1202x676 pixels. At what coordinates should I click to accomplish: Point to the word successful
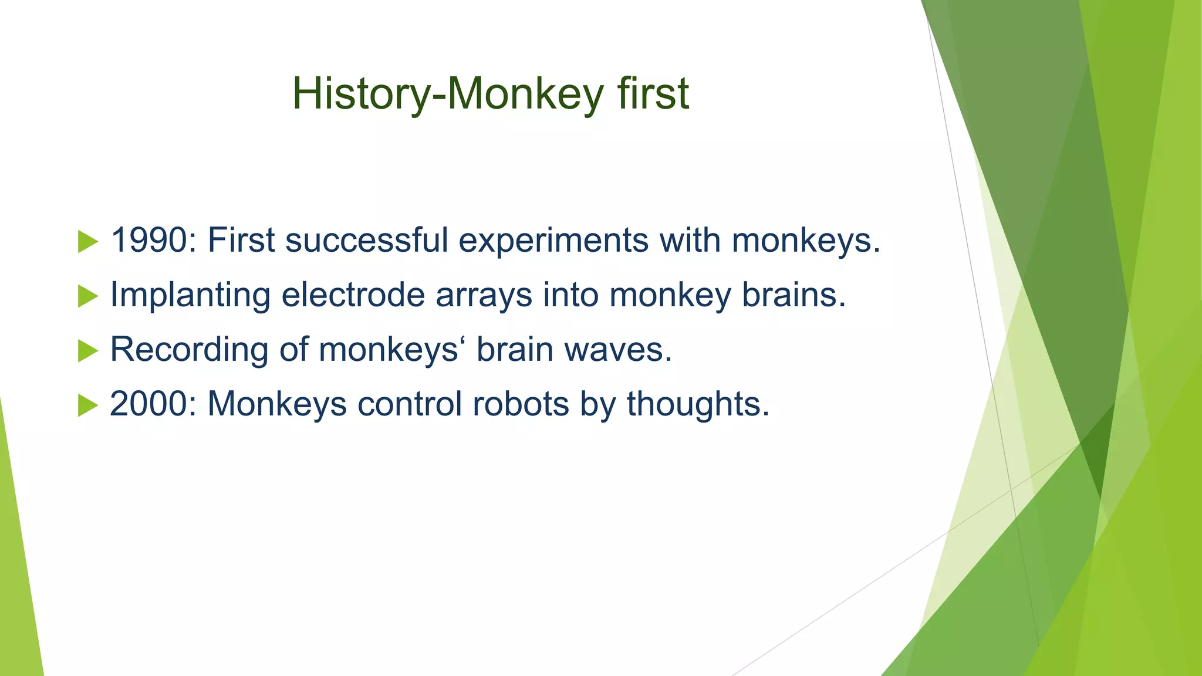pyautogui.click(x=366, y=241)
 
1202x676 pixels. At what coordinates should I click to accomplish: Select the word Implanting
pyautogui.click(x=190, y=295)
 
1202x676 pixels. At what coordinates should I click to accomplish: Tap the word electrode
pyautogui.click(x=353, y=295)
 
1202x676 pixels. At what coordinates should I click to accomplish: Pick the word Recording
pyautogui.click(x=189, y=350)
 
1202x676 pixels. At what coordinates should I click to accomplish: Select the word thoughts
pyautogui.click(x=697, y=404)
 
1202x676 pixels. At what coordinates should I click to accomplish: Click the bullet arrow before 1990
pyautogui.click(x=87, y=242)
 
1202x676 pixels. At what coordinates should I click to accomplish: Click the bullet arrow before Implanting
pyautogui.click(x=87, y=296)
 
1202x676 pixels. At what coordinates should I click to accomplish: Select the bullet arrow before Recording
pyautogui.click(x=87, y=351)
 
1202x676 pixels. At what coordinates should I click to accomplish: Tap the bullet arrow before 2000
pyautogui.click(x=87, y=405)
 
